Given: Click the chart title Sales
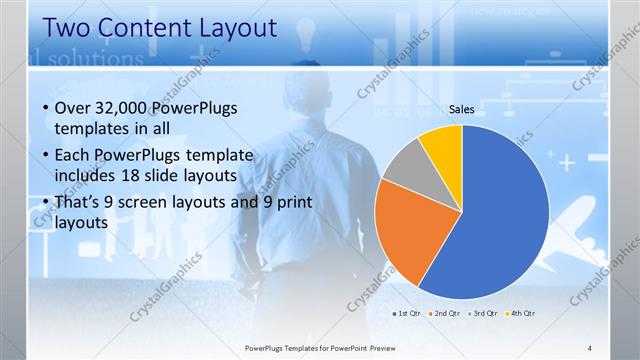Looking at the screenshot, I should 461,110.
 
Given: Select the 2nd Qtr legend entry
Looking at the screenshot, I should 444,313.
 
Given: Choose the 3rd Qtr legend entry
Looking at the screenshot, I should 482,313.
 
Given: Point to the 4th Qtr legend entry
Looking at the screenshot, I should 519,313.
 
